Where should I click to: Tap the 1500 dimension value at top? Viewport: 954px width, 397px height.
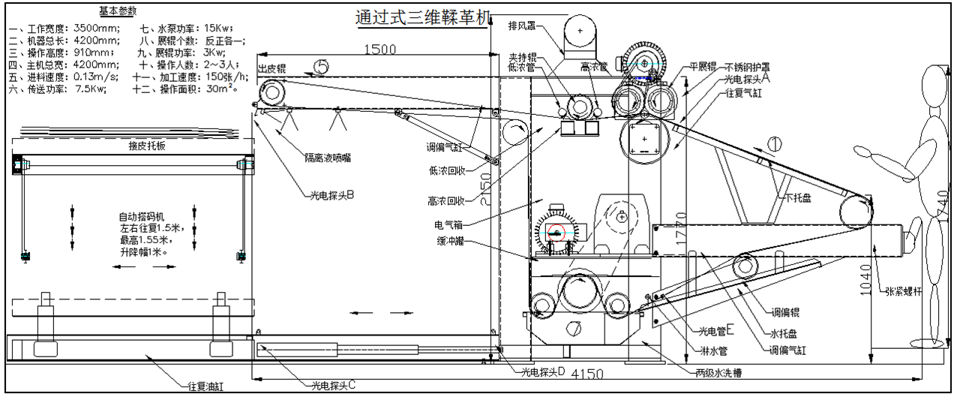(379, 50)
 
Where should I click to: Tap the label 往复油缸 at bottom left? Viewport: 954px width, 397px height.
(205, 387)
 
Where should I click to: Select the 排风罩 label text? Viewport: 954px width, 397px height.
(521, 26)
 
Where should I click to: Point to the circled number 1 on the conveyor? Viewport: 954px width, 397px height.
(775, 142)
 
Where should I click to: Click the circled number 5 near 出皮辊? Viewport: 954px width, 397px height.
(321, 67)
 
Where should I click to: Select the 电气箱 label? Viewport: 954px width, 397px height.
(449, 224)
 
